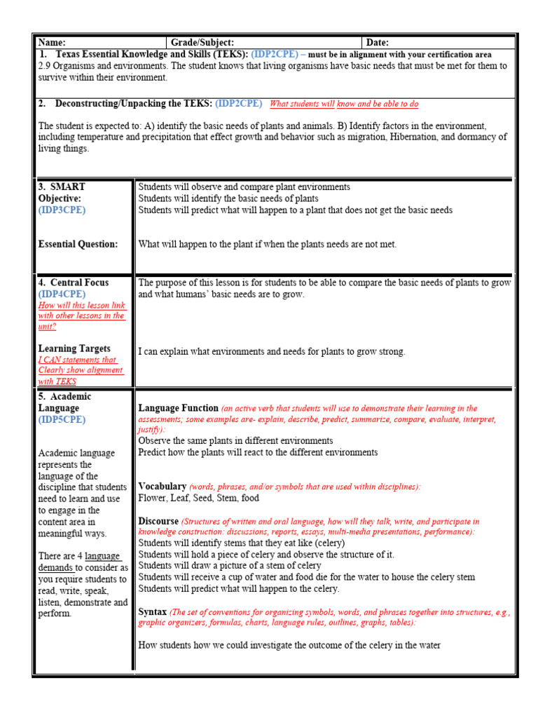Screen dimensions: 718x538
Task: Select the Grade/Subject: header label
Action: click(x=202, y=43)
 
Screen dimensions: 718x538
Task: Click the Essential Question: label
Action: click(x=78, y=244)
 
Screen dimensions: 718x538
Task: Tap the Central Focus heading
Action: click(x=79, y=283)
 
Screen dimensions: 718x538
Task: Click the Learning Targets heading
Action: click(x=74, y=348)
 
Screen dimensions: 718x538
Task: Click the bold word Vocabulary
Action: click(x=162, y=486)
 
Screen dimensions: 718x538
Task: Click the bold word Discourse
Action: click(x=158, y=521)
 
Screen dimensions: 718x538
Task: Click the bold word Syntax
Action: click(x=152, y=611)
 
